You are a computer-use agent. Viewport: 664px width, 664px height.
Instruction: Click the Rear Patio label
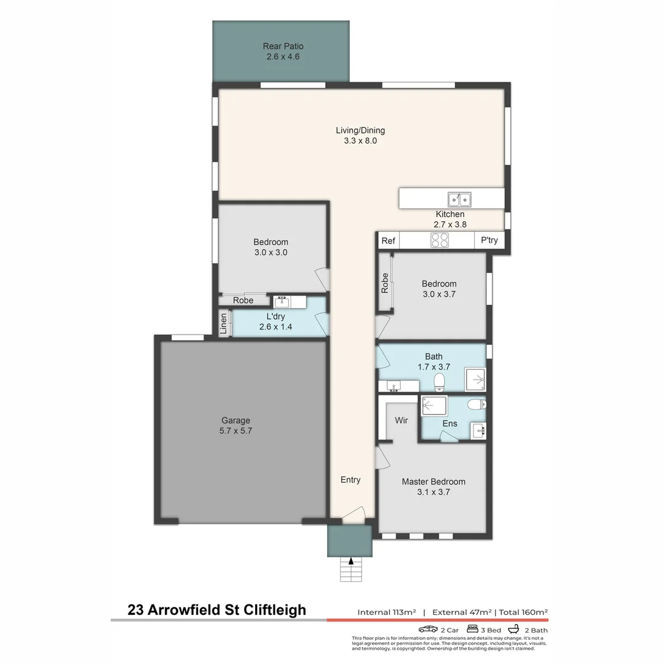coord(283,51)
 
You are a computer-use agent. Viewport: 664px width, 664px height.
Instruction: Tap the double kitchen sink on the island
coord(459,199)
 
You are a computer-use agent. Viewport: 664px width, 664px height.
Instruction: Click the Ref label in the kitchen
coord(388,241)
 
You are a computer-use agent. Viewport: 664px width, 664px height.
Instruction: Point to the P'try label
coord(489,241)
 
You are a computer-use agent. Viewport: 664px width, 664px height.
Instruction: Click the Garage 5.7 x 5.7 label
coord(236,425)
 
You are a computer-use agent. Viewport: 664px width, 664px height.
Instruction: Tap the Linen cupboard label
coord(224,323)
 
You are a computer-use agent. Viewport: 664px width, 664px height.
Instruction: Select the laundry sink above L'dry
coord(282,302)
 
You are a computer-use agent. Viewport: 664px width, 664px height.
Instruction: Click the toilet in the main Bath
coord(440,382)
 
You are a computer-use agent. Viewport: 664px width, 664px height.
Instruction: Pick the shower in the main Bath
coord(475,380)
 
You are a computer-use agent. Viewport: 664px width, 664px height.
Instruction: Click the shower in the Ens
coord(434,406)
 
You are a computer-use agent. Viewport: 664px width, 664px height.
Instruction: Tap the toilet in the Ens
coord(476,405)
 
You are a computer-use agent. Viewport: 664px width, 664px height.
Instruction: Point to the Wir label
coord(401,421)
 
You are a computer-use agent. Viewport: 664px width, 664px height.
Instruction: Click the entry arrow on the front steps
coord(351,560)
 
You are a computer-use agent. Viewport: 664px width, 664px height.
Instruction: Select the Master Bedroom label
coord(433,486)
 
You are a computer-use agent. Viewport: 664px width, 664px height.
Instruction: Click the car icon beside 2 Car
coord(428,630)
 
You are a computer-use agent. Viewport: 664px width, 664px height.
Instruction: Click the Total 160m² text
coord(523,612)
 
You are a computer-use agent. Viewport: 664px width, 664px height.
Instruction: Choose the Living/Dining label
coord(360,135)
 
